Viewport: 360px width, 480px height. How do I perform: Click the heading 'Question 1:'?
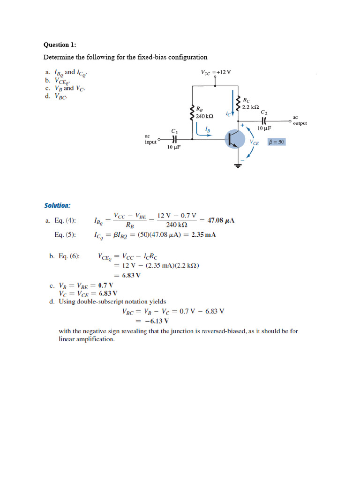click(60, 45)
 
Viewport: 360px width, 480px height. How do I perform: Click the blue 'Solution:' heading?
click(57, 205)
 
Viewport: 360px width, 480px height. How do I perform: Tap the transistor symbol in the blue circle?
click(235, 139)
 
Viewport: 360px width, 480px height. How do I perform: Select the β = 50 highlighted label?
click(276, 142)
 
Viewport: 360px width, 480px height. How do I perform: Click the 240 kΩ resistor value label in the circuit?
click(205, 116)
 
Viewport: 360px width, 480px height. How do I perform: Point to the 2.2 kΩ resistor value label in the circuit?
click(250, 107)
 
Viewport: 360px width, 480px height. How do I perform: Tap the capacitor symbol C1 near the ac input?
click(174, 139)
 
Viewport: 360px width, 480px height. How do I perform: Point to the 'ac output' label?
click(300, 120)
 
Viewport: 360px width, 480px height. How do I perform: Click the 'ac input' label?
click(150, 139)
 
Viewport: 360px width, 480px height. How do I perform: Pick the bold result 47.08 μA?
click(221, 220)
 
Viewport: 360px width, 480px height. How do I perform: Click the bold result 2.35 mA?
click(203, 235)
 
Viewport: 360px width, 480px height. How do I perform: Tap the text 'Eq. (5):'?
click(65, 235)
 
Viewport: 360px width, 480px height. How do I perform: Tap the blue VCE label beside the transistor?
click(255, 142)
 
